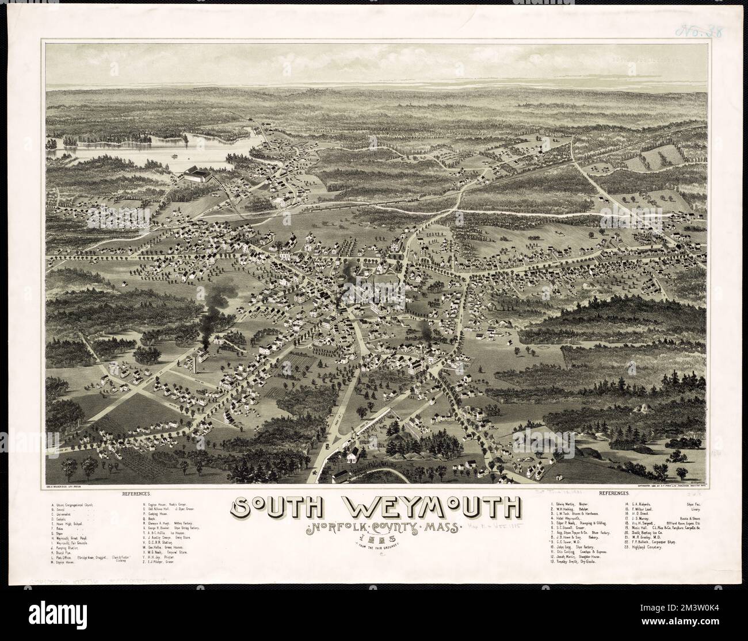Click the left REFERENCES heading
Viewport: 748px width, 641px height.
click(x=136, y=494)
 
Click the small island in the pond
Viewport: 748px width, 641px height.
click(x=174, y=154)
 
